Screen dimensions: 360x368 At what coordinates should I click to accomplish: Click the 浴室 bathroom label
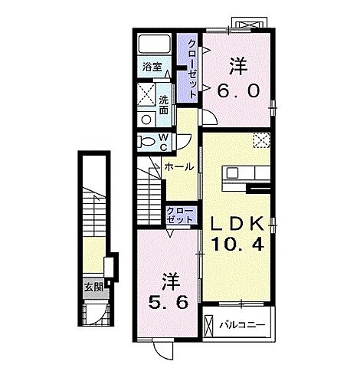152,67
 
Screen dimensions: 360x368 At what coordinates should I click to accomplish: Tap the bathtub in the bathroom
155,44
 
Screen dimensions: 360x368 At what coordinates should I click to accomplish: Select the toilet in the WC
146,141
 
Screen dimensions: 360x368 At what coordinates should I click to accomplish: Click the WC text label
164,143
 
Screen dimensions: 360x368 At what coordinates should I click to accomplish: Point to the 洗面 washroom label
164,105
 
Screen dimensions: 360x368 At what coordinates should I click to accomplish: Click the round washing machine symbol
146,120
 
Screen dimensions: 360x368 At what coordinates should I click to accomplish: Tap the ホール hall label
179,167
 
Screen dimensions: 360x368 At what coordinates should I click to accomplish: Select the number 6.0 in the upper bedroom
239,90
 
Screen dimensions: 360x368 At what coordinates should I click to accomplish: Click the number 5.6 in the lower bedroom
169,303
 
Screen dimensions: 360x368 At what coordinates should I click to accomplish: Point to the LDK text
237,224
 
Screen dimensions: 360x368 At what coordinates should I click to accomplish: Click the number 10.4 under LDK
237,244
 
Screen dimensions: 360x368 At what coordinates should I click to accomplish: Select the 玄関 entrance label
94,287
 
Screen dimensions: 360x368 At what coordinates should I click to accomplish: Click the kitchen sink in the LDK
232,173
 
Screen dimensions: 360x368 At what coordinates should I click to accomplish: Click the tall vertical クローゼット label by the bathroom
191,69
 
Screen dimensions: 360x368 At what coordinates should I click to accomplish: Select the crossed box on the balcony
208,326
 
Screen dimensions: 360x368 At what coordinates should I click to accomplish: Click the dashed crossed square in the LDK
261,140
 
